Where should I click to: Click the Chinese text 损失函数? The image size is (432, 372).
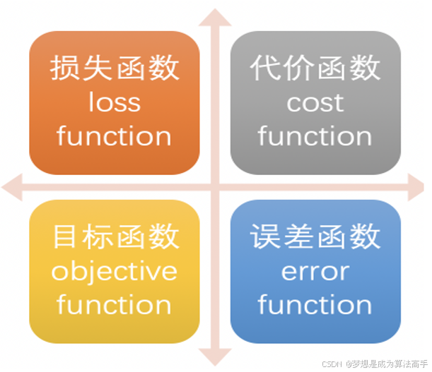pos(115,68)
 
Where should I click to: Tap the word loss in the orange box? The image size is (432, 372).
pos(115,102)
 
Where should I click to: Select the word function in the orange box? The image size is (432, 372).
pos(115,136)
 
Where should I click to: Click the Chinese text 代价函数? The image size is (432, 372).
pos(315,68)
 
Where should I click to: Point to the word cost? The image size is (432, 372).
pos(315,103)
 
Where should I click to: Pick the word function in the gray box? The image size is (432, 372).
pos(315,136)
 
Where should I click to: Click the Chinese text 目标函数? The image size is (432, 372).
pos(115,237)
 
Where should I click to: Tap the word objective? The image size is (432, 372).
pos(115,272)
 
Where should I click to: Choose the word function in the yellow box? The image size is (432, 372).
pos(115,305)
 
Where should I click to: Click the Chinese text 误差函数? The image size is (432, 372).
pos(315,237)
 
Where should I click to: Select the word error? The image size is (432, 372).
pos(315,272)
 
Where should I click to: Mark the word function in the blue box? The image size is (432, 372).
pos(315,305)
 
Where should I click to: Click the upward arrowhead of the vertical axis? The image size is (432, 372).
pos(215,16)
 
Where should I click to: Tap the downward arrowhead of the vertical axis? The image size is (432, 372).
pos(215,357)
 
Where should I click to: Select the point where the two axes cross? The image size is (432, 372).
pos(215,187)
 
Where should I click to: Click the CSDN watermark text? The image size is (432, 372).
pos(374,364)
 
